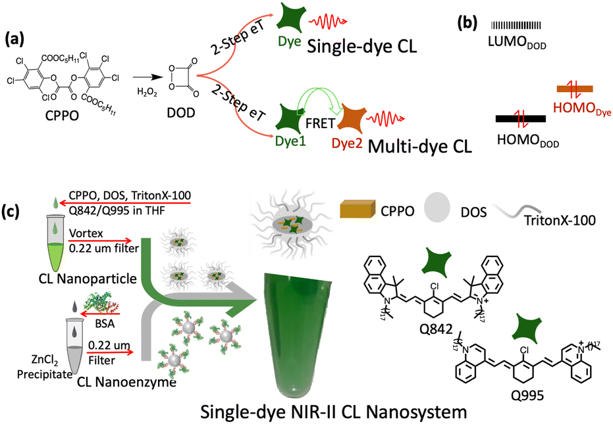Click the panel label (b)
click(469, 24)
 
